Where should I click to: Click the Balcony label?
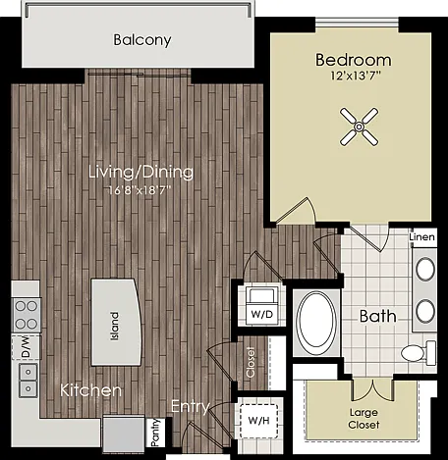[142, 40]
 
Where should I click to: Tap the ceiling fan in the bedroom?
[360, 127]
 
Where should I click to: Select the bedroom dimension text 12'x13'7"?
[356, 77]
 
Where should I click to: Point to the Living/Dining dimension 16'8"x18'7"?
[140, 190]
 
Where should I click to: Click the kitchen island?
[116, 322]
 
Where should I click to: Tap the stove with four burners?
[27, 315]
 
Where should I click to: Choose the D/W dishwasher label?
[26, 347]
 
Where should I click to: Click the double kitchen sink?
[28, 381]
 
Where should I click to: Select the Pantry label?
[155, 433]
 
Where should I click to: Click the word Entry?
[191, 407]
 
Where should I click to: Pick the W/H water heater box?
[258, 421]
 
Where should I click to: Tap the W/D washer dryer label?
[261, 314]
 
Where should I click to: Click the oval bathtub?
[316, 320]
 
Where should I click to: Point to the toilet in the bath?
[419, 353]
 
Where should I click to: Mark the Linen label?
[422, 236]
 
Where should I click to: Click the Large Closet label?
[364, 419]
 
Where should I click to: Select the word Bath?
[377, 317]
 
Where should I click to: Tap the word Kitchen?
[90, 390]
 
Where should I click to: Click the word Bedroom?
[354, 60]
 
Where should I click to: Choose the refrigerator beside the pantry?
[124, 433]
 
